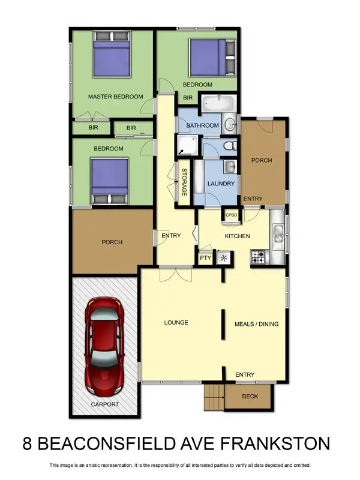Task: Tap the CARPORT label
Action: (x=105, y=404)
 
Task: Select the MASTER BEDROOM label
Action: (x=115, y=97)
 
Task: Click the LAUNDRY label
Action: (x=221, y=184)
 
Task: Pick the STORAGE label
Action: (x=185, y=182)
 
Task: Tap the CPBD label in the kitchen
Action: (x=231, y=214)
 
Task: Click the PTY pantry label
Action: (x=205, y=259)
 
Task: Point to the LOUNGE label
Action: (x=176, y=323)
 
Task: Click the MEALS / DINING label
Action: (x=256, y=325)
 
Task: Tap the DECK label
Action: (x=250, y=397)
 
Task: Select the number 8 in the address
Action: (x=28, y=445)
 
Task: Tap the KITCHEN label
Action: (x=237, y=236)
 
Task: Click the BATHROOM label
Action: (x=202, y=125)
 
